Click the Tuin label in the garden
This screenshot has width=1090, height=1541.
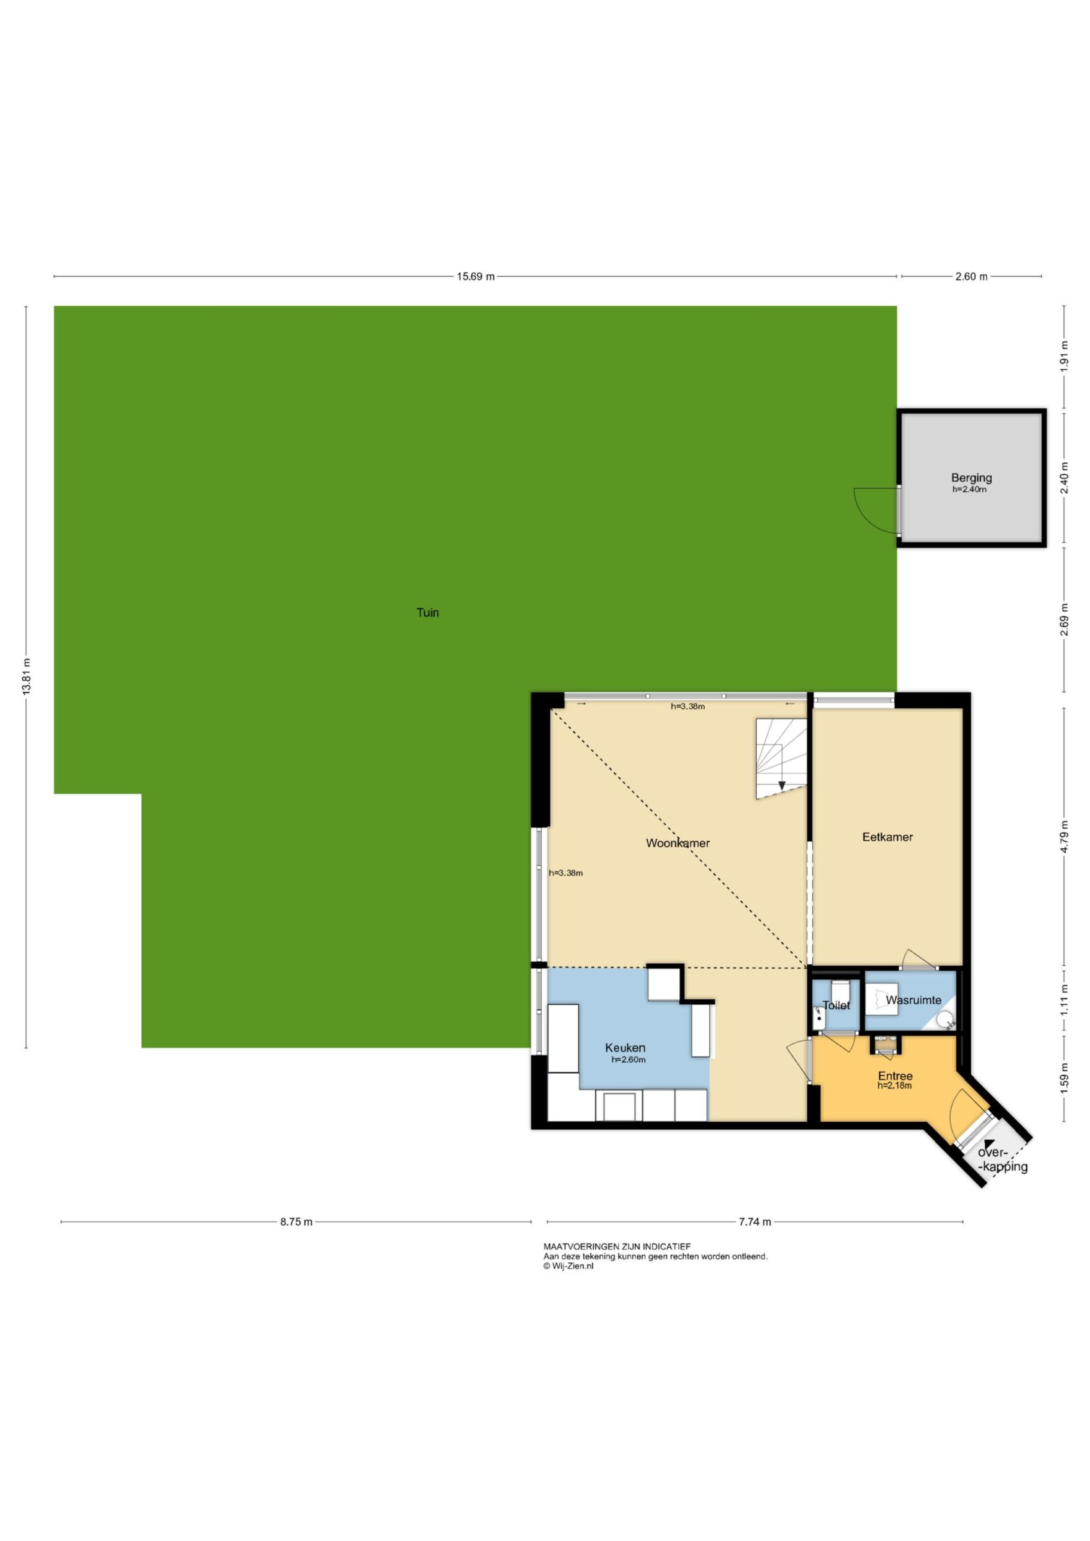(428, 612)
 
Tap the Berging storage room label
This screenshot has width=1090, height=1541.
(971, 478)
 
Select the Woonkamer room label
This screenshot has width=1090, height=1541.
(678, 843)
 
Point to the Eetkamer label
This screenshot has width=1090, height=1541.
(887, 837)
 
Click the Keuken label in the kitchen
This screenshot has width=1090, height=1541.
(625, 1048)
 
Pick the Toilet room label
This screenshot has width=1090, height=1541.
(836, 1006)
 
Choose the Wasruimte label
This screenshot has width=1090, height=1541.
(913, 1000)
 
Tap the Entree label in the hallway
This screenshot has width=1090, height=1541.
(895, 1077)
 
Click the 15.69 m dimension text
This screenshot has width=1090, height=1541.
(476, 277)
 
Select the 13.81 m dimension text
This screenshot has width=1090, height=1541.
(27, 677)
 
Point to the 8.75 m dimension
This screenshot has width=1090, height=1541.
(296, 1221)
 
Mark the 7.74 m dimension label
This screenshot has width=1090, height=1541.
(755, 1221)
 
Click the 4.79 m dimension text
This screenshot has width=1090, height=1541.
(1064, 838)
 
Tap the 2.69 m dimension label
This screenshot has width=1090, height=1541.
(1064, 626)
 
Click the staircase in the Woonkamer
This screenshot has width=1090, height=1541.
(782, 758)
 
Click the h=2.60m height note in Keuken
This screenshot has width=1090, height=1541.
(628, 1060)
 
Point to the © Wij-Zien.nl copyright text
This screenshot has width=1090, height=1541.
(569, 1266)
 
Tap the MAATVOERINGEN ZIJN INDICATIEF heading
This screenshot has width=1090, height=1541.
(617, 1246)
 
